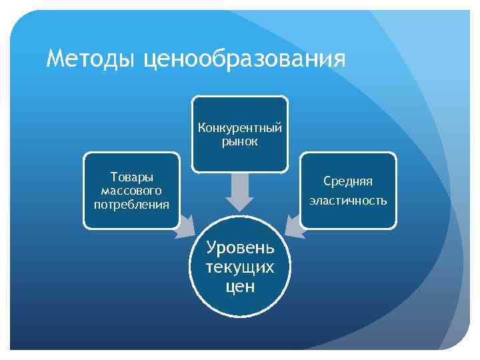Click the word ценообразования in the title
pyautogui.click(x=244, y=59)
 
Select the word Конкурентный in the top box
pyautogui.click(x=240, y=128)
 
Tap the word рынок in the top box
pyautogui.click(x=240, y=141)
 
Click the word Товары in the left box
pyautogui.click(x=131, y=177)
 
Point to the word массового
pyautogui.click(x=131, y=191)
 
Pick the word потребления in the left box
pyautogui.click(x=131, y=204)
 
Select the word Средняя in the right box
pyautogui.click(x=348, y=181)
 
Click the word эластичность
pyautogui.click(x=348, y=200)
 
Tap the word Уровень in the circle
pyautogui.click(x=240, y=248)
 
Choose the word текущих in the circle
pyautogui.click(x=240, y=267)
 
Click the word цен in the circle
pyautogui.click(x=240, y=287)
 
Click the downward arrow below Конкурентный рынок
pyautogui.click(x=239, y=192)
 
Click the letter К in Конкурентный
pyautogui.click(x=201, y=128)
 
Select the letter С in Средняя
pyautogui.click(x=327, y=181)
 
